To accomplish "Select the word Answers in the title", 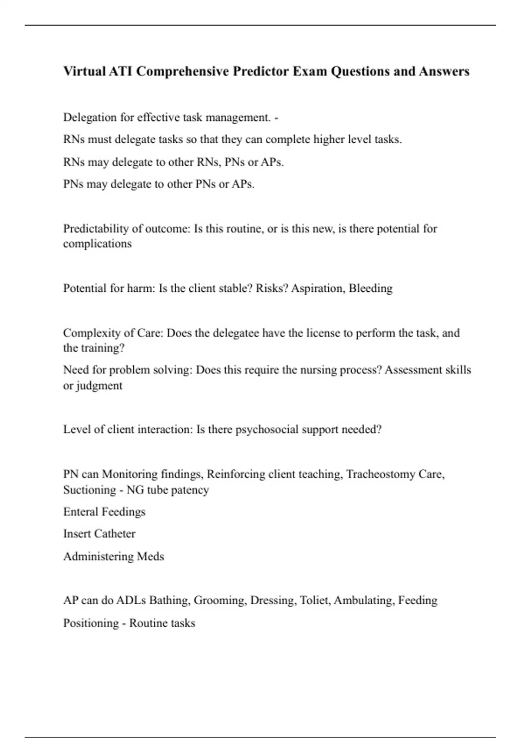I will pos(444,71).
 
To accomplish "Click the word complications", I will pos(97,244).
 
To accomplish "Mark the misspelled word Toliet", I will pos(315,601).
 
